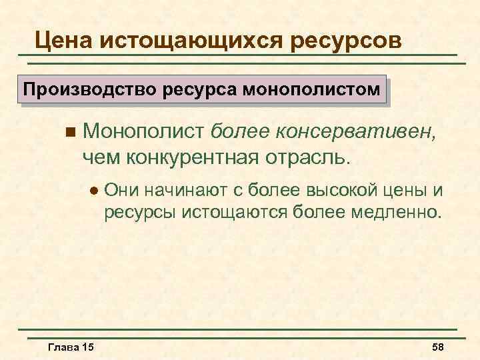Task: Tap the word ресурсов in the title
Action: click(347, 41)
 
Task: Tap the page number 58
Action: click(438, 347)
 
